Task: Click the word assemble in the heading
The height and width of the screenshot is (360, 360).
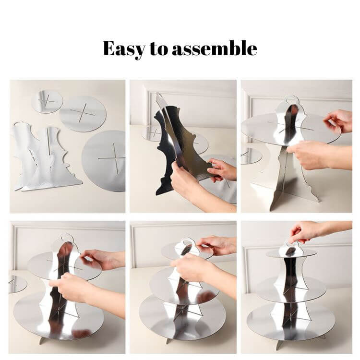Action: (215, 48)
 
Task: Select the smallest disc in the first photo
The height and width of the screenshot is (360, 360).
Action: (47, 102)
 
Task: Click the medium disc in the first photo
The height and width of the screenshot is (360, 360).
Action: (83, 114)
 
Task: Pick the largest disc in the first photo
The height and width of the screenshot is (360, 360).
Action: (104, 161)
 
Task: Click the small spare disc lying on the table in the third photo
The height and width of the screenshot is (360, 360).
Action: (251, 156)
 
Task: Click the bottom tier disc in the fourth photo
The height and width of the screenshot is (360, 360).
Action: (59, 318)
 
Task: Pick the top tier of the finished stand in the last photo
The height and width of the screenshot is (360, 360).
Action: (291, 253)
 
